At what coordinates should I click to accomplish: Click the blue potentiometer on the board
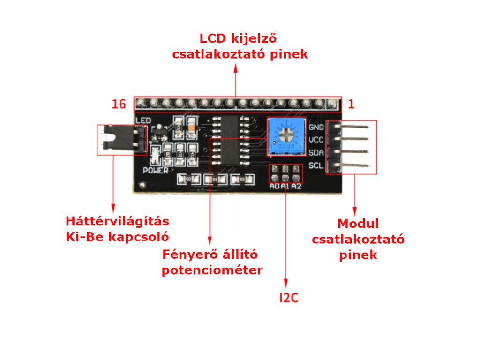click(x=285, y=136)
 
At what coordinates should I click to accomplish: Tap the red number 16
click(x=119, y=104)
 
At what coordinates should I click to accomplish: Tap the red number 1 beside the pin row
click(x=351, y=104)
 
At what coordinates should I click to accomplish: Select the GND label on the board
click(x=317, y=127)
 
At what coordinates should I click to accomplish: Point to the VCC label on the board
click(x=317, y=140)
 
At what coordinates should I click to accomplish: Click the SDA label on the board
click(x=317, y=153)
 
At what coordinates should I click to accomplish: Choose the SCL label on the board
click(x=317, y=165)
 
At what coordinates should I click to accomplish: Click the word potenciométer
click(x=212, y=270)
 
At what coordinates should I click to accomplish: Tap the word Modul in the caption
click(x=358, y=224)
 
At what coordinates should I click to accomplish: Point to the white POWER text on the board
click(x=155, y=171)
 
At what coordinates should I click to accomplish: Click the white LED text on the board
click(x=143, y=121)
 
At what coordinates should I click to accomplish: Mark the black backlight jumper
click(x=123, y=139)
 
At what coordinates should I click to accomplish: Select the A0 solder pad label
click(x=275, y=187)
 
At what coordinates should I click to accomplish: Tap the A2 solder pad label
click(x=296, y=187)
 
